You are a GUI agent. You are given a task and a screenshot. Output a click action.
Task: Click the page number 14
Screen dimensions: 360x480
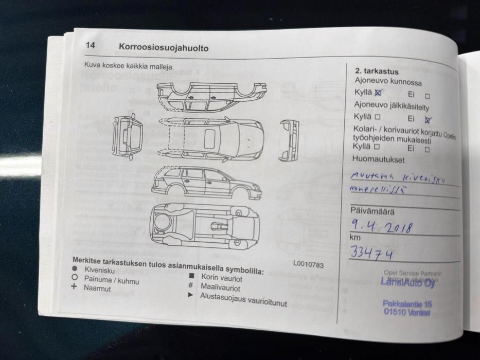coord(90,46)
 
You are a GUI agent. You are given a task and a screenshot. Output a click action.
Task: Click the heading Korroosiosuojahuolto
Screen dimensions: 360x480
coord(163,48)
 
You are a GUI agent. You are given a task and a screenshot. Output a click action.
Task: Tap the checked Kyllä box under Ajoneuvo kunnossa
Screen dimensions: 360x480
coord(379,93)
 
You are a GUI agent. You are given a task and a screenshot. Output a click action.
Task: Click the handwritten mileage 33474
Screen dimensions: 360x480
coord(371,253)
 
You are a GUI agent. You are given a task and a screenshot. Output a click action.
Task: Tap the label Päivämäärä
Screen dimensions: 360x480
coord(372,210)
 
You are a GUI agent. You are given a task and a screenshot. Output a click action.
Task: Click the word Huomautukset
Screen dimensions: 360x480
coord(375,159)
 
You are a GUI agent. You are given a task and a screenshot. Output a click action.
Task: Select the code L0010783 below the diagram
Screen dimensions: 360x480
coord(308,264)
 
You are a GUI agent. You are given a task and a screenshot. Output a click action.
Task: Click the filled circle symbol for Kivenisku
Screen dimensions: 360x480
coord(74,268)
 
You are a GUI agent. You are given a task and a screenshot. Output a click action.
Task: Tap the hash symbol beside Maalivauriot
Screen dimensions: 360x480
coord(190,285)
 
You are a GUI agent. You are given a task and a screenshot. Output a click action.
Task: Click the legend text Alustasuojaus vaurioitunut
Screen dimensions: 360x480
coord(243,300)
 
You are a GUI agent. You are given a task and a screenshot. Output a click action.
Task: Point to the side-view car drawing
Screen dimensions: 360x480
coord(206,183)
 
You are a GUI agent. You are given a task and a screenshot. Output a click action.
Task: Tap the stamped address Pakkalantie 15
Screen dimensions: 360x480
coord(407,304)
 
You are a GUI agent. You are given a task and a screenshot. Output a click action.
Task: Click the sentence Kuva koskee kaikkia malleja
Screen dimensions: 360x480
coord(129,66)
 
